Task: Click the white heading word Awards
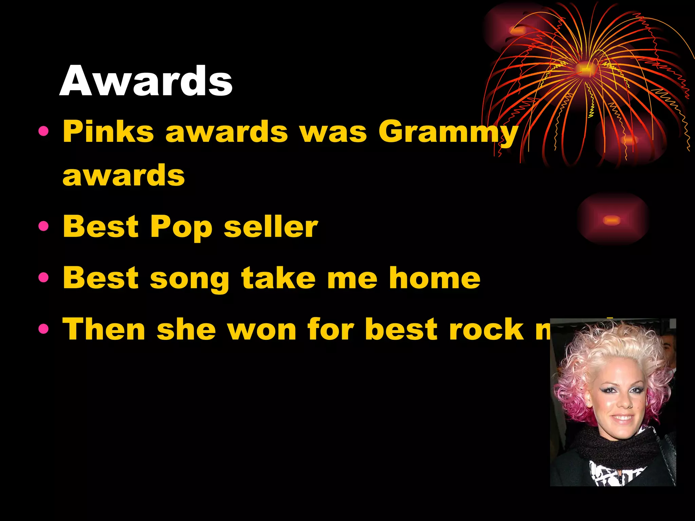point(146,81)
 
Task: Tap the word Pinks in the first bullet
point(108,132)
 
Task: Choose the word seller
point(271,227)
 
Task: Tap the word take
point(278,278)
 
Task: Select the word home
point(435,278)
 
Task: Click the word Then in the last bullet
point(104,329)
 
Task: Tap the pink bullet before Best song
point(44,278)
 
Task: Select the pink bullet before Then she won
point(44,329)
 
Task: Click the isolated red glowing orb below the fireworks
point(612,220)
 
